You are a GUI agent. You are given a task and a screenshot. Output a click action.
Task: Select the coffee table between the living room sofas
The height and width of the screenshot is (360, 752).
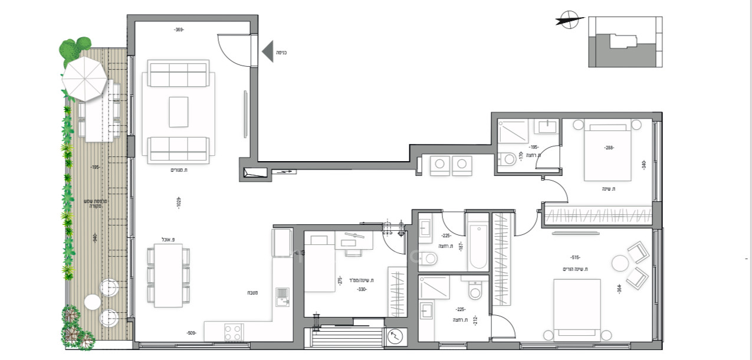tap(178, 112)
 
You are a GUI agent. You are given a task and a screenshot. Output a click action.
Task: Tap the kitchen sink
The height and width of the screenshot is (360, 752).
tap(283, 296)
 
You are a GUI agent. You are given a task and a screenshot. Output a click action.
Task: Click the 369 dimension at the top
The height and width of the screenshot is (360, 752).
tap(179, 30)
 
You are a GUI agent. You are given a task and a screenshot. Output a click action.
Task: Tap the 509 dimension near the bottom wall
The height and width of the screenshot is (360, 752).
tap(191, 333)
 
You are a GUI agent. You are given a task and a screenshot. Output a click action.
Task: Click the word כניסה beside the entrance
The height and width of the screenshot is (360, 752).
tap(282, 52)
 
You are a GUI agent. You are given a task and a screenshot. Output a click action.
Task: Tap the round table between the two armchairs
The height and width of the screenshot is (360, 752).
tap(620, 263)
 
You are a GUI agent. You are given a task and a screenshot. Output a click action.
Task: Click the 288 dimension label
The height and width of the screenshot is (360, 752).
tap(607, 148)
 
